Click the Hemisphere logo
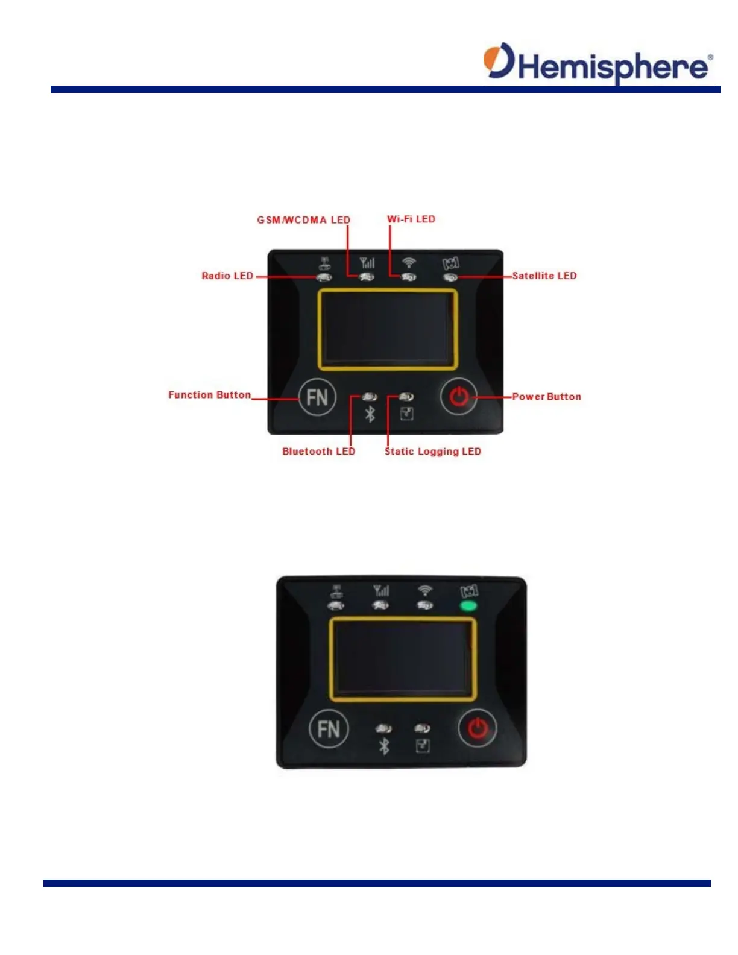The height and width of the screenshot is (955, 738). pyautogui.click(x=598, y=63)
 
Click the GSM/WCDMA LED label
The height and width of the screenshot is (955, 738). pyautogui.click(x=303, y=220)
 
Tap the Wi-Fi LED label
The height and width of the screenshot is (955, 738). pyautogui.click(x=411, y=219)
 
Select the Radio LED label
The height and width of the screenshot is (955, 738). pyautogui.click(x=227, y=276)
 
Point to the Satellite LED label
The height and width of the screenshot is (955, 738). pyautogui.click(x=544, y=276)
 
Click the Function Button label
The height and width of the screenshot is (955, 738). pyautogui.click(x=209, y=395)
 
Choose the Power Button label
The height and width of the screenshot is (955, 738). pyautogui.click(x=546, y=397)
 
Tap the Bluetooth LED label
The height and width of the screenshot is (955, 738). pyautogui.click(x=318, y=452)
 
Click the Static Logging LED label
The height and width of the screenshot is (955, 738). pyautogui.click(x=433, y=452)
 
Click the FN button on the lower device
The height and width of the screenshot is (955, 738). pyautogui.click(x=329, y=729)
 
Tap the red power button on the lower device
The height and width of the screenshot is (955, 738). pyautogui.click(x=478, y=729)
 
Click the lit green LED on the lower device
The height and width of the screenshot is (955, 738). pyautogui.click(x=468, y=606)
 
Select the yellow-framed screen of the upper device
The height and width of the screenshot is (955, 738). pyautogui.click(x=388, y=329)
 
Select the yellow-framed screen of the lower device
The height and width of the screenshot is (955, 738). pyautogui.click(x=403, y=659)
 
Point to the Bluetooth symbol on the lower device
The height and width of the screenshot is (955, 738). pyautogui.click(x=384, y=746)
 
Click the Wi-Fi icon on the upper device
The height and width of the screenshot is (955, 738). pyautogui.click(x=409, y=262)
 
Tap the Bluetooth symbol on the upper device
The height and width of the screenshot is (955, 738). pyautogui.click(x=370, y=414)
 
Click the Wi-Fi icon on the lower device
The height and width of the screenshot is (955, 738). pyautogui.click(x=425, y=590)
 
